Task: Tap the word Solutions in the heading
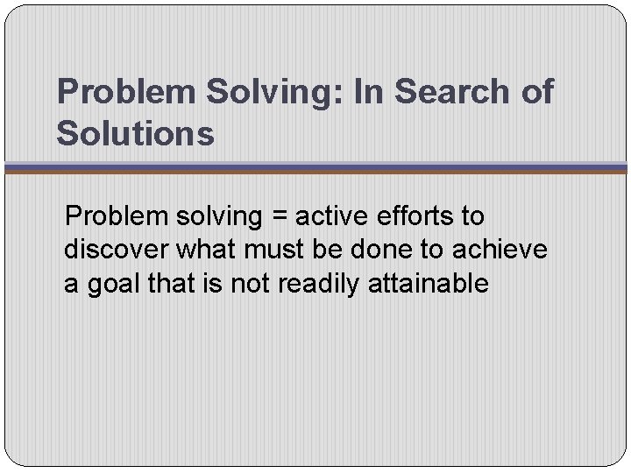pos(135,134)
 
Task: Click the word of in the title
pos(534,92)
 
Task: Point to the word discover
pos(116,250)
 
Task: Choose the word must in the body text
pos(273,250)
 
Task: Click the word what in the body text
pos(205,250)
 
